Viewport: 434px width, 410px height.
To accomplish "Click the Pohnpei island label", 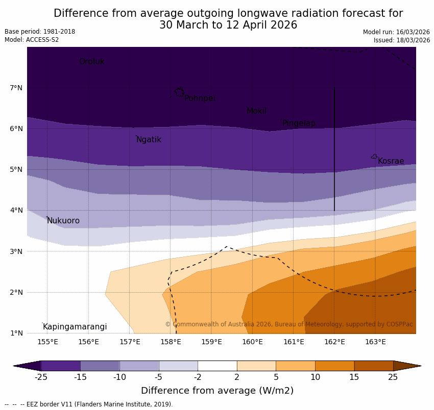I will click(x=200, y=98).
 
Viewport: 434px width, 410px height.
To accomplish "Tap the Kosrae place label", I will click(x=391, y=161).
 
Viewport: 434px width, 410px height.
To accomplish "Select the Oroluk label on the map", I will click(x=91, y=62).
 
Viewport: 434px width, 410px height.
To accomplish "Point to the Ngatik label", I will click(x=149, y=140).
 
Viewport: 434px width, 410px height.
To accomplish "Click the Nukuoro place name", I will click(x=63, y=221).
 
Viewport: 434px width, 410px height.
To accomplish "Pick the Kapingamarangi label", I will click(x=75, y=327).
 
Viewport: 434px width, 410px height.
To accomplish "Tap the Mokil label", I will click(x=256, y=111).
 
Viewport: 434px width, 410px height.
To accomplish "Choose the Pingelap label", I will click(x=299, y=123).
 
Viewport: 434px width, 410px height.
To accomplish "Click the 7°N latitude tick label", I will click(x=16, y=88).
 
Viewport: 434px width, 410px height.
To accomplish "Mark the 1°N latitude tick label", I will click(x=16, y=333).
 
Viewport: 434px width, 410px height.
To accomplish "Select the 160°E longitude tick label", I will click(x=252, y=342).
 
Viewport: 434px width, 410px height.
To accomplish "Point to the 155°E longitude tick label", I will click(x=47, y=342).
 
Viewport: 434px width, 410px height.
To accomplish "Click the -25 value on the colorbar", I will click(x=41, y=377).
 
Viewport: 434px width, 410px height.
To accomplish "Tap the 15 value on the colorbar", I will click(x=354, y=377).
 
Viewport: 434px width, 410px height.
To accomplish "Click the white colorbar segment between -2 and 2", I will click(x=217, y=366).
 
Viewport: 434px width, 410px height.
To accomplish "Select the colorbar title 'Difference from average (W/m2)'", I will click(x=217, y=391).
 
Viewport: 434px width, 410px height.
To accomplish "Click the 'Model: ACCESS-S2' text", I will click(x=32, y=40).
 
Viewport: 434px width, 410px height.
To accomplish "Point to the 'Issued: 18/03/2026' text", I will click(x=401, y=40).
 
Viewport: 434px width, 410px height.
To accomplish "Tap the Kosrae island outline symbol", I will click(x=374, y=157).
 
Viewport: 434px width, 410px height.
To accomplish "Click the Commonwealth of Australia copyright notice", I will click(x=288, y=324).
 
